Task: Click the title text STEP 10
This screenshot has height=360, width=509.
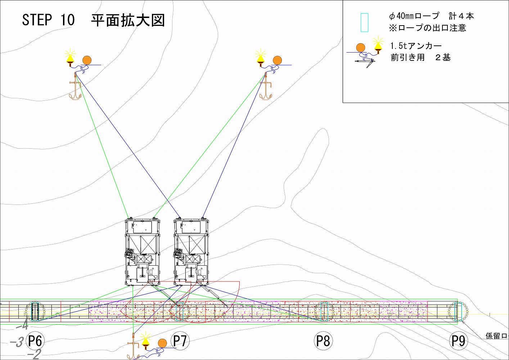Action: point(48,20)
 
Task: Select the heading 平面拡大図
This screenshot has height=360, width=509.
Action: point(128,21)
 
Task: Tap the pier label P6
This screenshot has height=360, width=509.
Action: point(35,341)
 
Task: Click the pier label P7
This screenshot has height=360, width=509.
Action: point(180,341)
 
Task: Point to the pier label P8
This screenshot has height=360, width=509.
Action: point(323,341)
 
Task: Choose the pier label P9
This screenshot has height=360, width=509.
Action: point(458,341)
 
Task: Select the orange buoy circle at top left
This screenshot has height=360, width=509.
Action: point(87,60)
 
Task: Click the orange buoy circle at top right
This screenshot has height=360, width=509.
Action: point(277,60)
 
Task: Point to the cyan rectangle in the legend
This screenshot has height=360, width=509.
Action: point(364,22)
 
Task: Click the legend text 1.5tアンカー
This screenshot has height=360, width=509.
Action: point(416,46)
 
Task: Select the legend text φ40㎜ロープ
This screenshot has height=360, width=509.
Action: point(414,16)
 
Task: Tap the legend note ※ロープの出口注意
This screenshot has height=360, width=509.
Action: point(427,28)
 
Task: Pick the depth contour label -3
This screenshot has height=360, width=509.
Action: point(17,342)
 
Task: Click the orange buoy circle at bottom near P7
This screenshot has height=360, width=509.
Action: point(163,343)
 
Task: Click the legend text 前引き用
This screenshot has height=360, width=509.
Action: point(407,58)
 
